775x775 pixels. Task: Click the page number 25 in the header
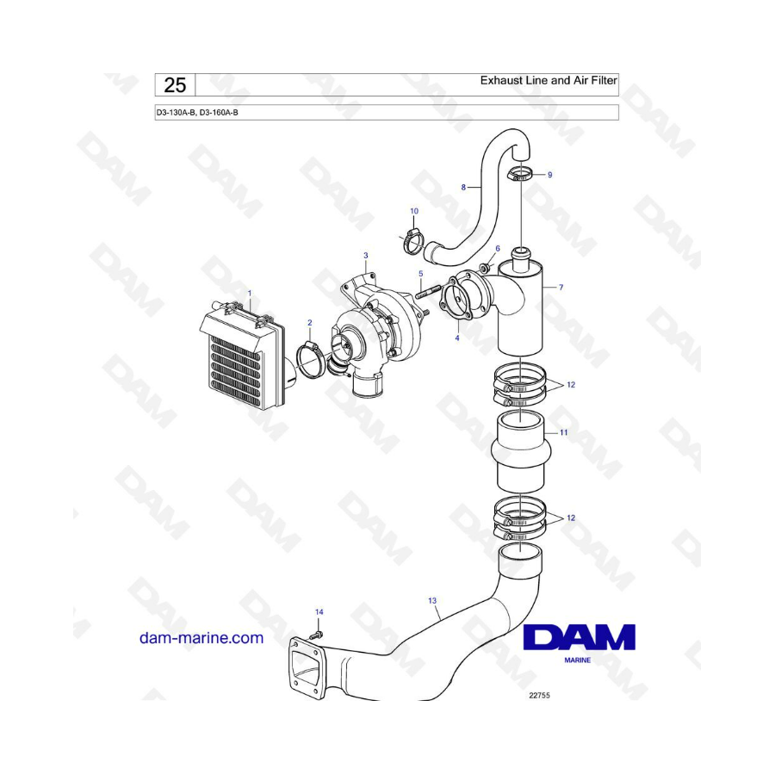175,85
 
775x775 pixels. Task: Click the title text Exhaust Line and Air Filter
549,80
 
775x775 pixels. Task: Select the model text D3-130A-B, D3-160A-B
197,113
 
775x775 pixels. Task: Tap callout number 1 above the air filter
250,293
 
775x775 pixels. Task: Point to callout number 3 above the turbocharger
366,256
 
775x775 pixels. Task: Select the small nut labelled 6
486,268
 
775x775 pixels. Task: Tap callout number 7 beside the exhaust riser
561,287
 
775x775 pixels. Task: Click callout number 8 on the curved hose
463,188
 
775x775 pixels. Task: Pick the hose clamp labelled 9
520,174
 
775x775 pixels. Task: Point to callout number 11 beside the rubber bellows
563,432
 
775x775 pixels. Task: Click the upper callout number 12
571,385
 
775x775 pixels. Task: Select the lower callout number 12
571,518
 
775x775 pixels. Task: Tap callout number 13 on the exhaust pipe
432,600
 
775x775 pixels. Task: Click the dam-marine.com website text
201,638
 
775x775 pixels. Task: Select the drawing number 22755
539,696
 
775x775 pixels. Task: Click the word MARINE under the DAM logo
577,660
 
